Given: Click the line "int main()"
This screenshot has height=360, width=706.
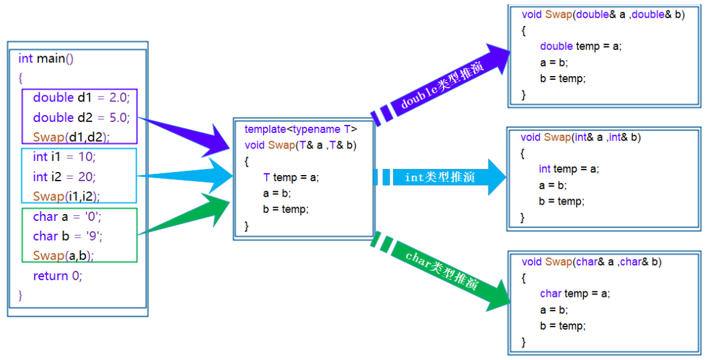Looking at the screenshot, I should (x=46, y=59).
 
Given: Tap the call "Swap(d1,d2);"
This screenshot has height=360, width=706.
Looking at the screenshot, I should (x=75, y=137).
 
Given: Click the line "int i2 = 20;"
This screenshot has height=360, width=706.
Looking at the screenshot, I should (x=64, y=177).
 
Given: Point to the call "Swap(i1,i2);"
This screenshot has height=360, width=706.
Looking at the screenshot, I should (x=66, y=196).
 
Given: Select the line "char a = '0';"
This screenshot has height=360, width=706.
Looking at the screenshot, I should (x=67, y=216).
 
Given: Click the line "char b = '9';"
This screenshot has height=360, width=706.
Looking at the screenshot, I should (x=67, y=236).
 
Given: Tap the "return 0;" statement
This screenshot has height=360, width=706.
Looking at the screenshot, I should (x=58, y=276).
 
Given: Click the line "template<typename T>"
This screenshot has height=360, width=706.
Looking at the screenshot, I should (x=301, y=129).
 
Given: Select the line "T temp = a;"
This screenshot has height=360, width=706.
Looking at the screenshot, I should (x=290, y=178).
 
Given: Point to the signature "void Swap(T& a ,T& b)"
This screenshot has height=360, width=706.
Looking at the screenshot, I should (x=301, y=145).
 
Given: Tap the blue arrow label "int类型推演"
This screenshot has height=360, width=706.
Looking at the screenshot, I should (x=439, y=178).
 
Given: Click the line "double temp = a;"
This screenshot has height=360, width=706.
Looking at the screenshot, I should (x=580, y=46).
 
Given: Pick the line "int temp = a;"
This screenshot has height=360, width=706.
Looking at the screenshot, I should (x=569, y=169).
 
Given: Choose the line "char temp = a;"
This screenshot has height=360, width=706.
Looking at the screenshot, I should (x=575, y=294).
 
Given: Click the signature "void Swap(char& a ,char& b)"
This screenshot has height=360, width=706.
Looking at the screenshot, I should (x=592, y=262).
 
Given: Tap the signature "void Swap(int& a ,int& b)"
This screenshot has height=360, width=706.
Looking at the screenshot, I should (x=580, y=137).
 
